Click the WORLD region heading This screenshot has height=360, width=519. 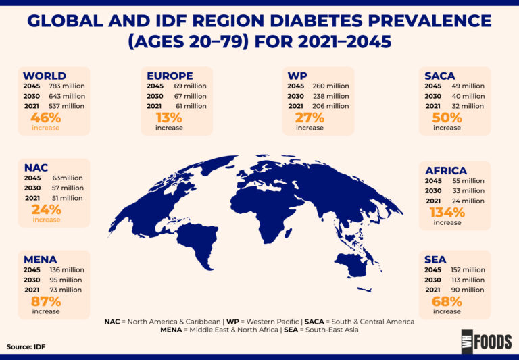[45, 76]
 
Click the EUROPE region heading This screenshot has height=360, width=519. [170, 76]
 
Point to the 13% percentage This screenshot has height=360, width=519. [169, 116]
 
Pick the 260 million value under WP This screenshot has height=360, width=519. [331, 86]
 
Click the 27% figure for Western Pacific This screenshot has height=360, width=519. [310, 116]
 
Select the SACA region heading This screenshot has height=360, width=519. [440, 76]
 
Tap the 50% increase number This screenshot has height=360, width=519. [447, 116]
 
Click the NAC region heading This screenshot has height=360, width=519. [36, 168]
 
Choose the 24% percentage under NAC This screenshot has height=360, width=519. [46, 209]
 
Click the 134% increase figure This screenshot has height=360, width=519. [447, 212]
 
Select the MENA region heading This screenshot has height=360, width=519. [40, 259]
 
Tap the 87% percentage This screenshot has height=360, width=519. [46, 301]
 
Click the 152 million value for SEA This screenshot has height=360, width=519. [467, 270]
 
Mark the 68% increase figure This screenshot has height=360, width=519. [447, 301]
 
